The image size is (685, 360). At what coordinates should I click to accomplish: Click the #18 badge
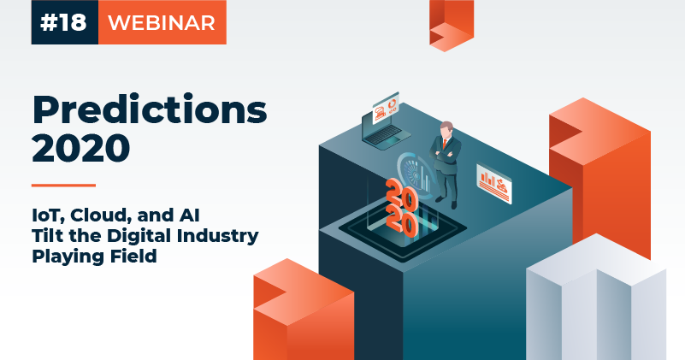(65, 22)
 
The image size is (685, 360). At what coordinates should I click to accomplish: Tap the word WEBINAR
(162, 23)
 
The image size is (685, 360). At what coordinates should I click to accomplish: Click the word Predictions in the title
(150, 109)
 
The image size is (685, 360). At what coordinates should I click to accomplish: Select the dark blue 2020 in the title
(81, 148)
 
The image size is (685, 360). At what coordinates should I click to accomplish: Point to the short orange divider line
(63, 186)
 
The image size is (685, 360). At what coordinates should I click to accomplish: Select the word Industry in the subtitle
(217, 236)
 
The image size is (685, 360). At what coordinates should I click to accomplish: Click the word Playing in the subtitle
(68, 257)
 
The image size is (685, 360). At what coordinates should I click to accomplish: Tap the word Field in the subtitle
(133, 255)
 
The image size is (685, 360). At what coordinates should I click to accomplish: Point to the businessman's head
(446, 129)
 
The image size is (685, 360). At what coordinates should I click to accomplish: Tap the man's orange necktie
(445, 144)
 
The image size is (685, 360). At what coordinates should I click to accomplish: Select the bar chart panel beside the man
(494, 184)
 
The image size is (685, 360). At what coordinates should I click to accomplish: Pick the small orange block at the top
(452, 25)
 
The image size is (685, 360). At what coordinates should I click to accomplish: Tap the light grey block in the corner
(596, 297)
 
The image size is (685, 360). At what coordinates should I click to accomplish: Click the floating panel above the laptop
(386, 107)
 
